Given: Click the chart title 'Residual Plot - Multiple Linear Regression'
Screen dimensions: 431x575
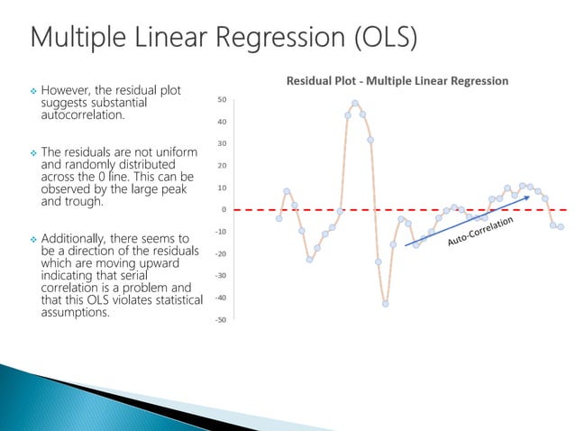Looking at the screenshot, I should pyautogui.click(x=397, y=81).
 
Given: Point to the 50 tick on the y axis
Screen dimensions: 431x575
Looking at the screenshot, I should pyautogui.click(x=222, y=99).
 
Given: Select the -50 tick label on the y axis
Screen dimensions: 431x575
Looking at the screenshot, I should pyautogui.click(x=220, y=320).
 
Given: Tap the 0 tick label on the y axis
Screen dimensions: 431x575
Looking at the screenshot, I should pyautogui.click(x=224, y=209).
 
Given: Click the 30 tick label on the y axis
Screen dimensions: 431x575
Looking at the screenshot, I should pyautogui.click(x=222, y=143).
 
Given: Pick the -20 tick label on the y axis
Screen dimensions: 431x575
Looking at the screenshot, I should pyautogui.click(x=220, y=253).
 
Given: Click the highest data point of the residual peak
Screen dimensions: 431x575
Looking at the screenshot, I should pyautogui.click(x=355, y=104).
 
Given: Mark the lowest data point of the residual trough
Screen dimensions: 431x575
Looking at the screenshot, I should pyautogui.click(x=385, y=304).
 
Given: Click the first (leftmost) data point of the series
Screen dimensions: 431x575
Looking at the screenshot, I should pyautogui.click(x=279, y=218).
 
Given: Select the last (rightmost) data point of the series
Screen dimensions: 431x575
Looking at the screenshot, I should pyautogui.click(x=560, y=226).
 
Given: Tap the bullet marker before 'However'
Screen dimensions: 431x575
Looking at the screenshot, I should pyautogui.click(x=32, y=91).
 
